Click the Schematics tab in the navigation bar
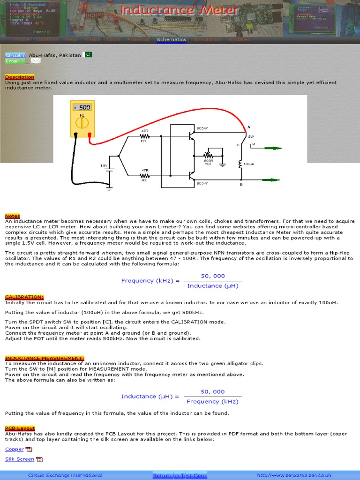point(171,40)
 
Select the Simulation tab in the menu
point(207,40)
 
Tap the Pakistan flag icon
point(88,54)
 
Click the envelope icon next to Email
point(36,60)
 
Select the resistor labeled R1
point(144,136)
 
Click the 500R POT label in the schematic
point(208,162)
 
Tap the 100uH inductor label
point(249,165)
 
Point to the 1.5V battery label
point(104,165)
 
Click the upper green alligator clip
point(271,148)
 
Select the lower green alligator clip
point(271,180)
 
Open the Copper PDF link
point(15,449)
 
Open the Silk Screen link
point(20,459)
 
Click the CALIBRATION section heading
point(24,297)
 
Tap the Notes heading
point(13,216)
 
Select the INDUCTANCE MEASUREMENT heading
point(45,358)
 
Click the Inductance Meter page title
point(180,10)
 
